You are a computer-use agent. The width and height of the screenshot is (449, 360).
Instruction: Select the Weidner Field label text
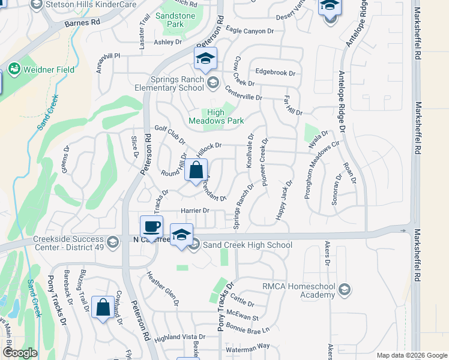click(x=49, y=70)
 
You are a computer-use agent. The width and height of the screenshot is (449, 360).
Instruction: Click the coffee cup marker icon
click(x=151, y=227)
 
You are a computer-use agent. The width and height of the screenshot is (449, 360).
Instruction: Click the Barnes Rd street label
click(x=82, y=22)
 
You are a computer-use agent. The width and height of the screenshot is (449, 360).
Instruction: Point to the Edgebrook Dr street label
click(x=276, y=73)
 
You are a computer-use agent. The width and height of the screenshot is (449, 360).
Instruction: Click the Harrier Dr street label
click(x=194, y=211)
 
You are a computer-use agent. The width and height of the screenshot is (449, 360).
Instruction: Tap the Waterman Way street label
click(x=247, y=347)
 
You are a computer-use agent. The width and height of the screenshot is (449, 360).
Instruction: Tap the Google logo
click(x=20, y=353)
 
